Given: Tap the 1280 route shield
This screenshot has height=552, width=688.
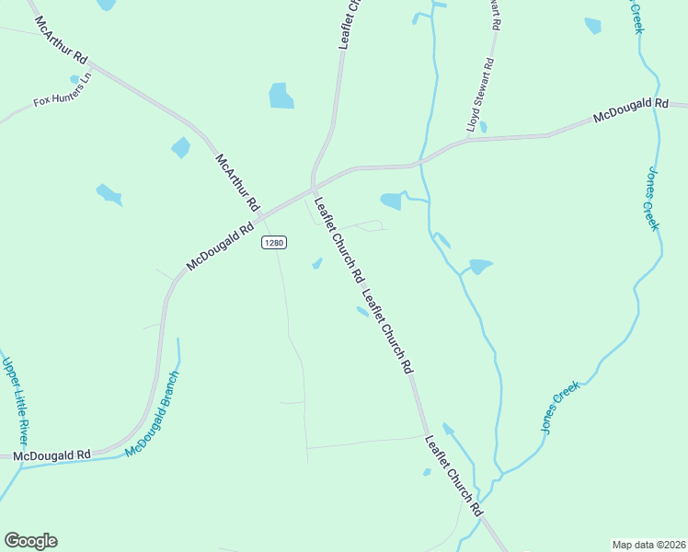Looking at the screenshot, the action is (273, 242).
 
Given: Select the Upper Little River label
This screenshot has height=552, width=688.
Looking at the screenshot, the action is (17, 401).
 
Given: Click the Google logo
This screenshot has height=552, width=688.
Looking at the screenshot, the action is (30, 541).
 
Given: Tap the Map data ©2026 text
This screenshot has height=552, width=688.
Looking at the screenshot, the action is (648, 545).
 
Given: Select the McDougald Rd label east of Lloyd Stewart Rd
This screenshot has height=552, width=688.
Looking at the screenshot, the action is (629, 111).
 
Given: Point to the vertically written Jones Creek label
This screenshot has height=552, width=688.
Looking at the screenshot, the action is (652, 199).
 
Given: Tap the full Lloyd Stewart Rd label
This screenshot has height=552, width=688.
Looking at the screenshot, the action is (480, 96).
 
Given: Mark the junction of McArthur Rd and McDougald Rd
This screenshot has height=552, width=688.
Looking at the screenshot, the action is (260, 215).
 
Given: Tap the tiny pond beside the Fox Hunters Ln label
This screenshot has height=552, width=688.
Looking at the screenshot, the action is (75, 80).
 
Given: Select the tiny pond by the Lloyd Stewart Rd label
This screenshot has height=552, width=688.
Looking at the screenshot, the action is (483, 127).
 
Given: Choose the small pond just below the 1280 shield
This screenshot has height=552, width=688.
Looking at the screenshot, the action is (317, 264).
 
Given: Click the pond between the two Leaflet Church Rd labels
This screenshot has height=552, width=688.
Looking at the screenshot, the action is (363, 312).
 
